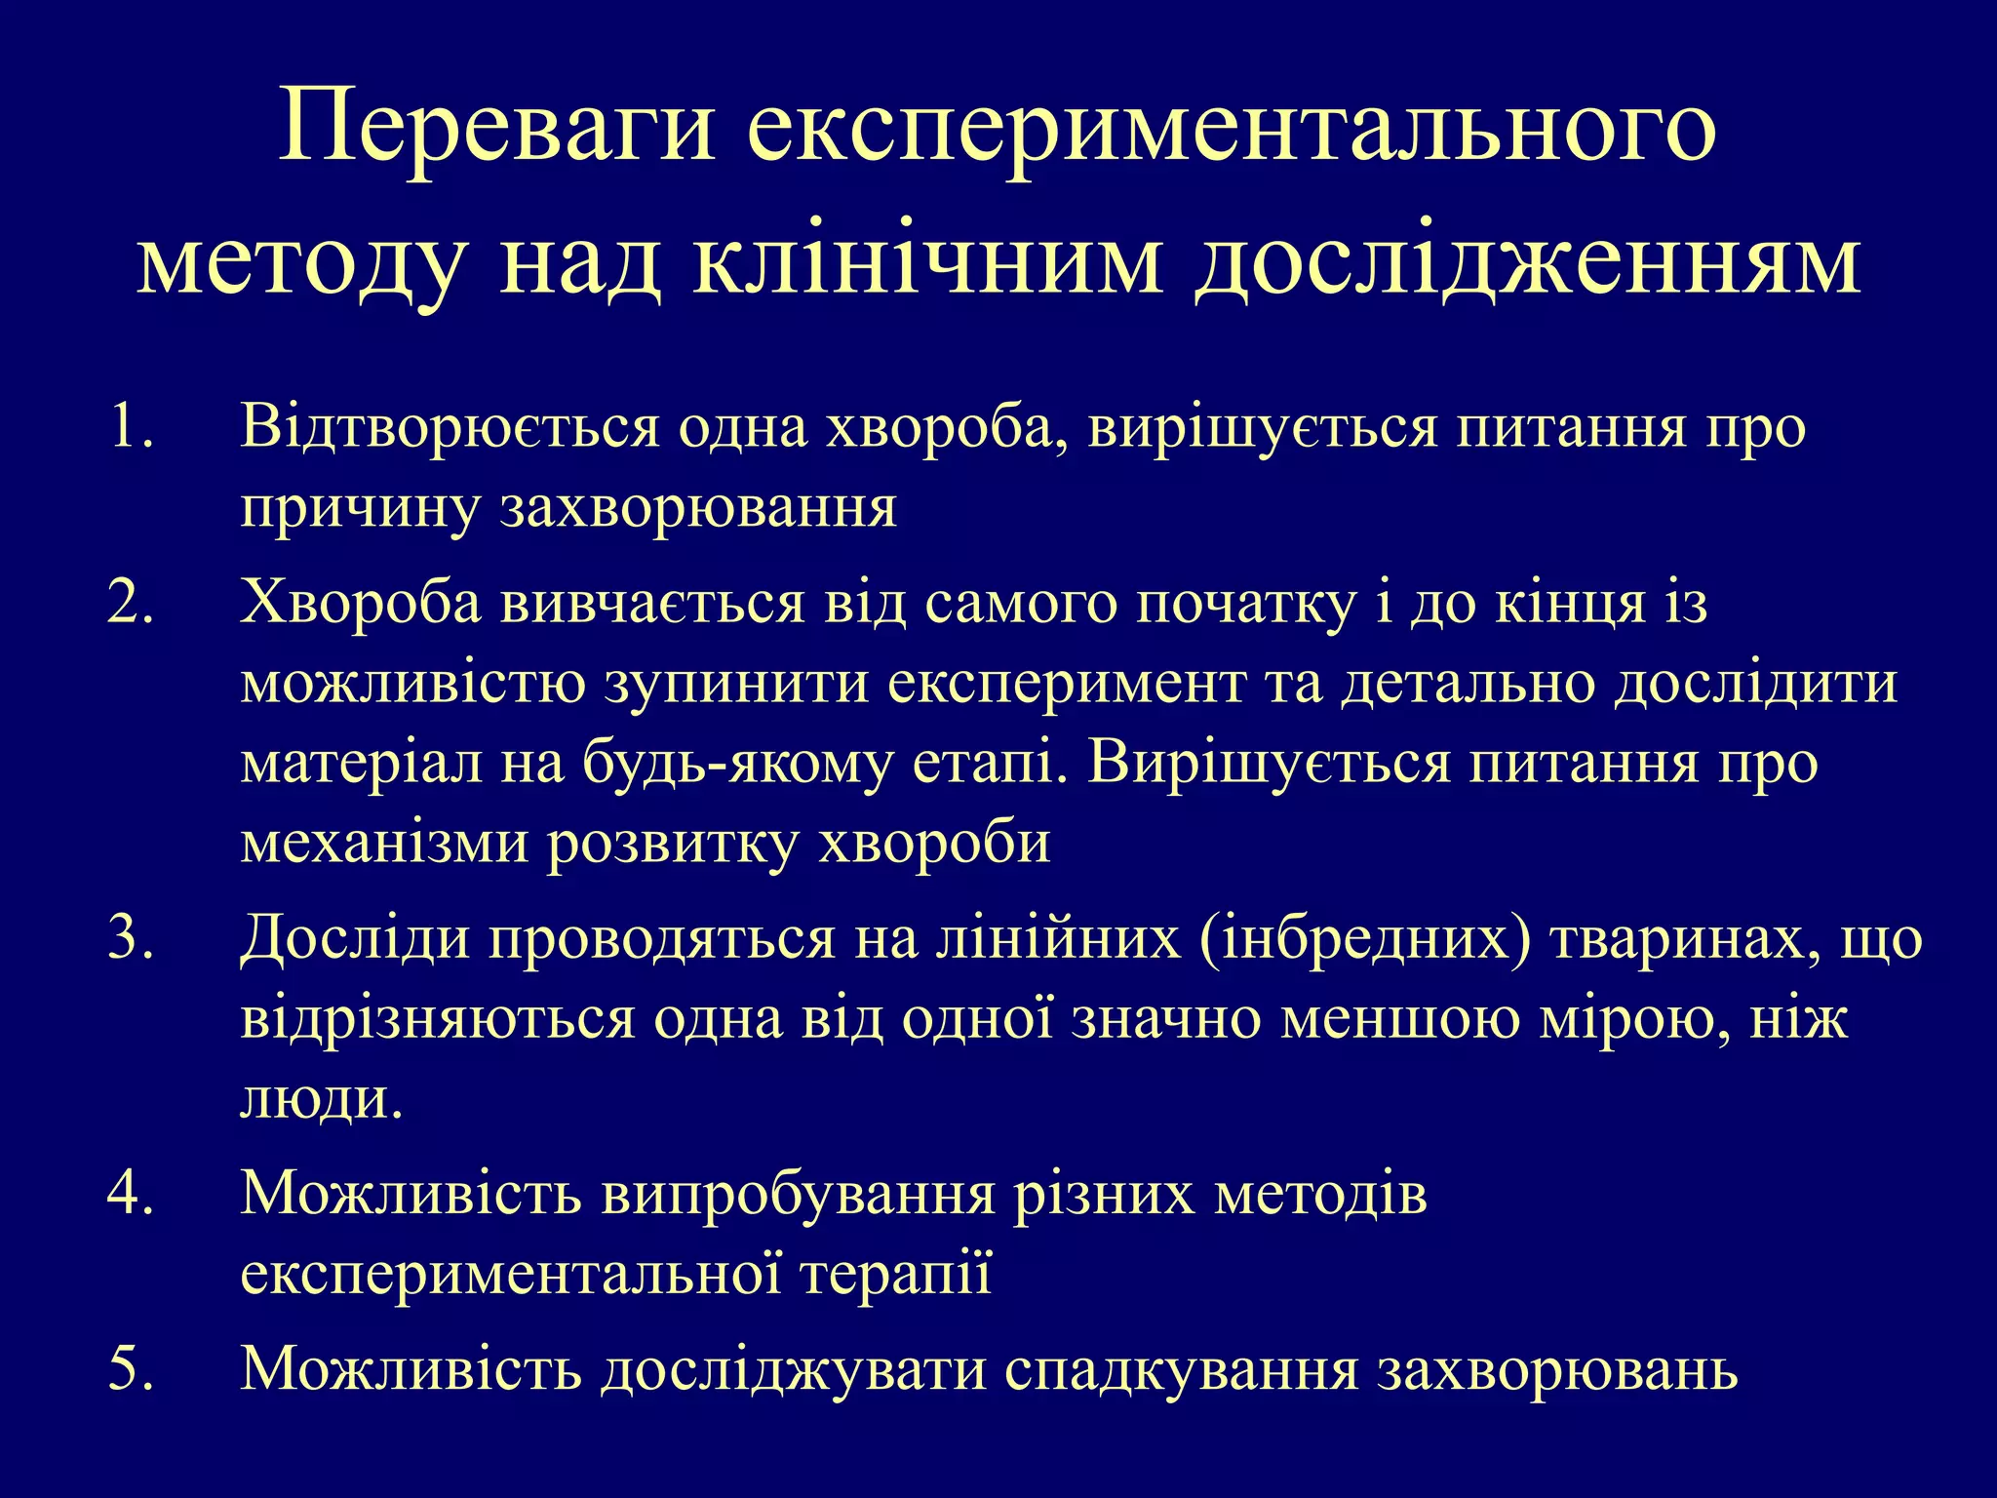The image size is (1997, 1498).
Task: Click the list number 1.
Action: pos(131,428)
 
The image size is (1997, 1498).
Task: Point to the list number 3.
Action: pos(131,939)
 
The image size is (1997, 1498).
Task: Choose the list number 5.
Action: pos(131,1367)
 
